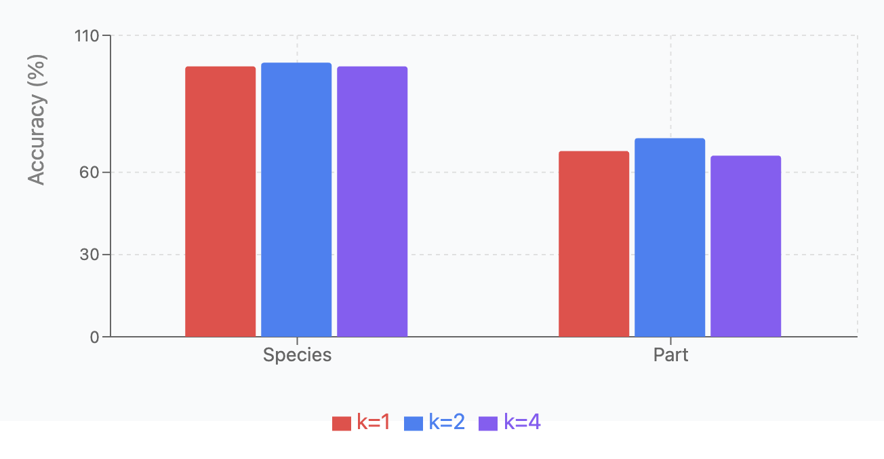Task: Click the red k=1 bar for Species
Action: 220,202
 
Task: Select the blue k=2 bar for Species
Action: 296,200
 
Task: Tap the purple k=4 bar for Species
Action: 372,202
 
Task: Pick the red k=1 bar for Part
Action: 594,244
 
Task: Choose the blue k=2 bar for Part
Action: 670,238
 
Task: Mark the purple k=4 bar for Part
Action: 746,246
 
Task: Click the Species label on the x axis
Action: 297,355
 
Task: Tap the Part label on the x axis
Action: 670,355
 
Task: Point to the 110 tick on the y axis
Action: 86,35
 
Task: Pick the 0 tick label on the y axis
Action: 95,337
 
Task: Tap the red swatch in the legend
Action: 341,423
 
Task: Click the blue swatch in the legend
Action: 414,423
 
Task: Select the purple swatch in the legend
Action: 488,423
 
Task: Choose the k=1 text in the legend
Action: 374,422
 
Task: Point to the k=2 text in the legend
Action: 447,422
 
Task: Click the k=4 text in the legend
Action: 522,422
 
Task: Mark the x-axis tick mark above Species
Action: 297,340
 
